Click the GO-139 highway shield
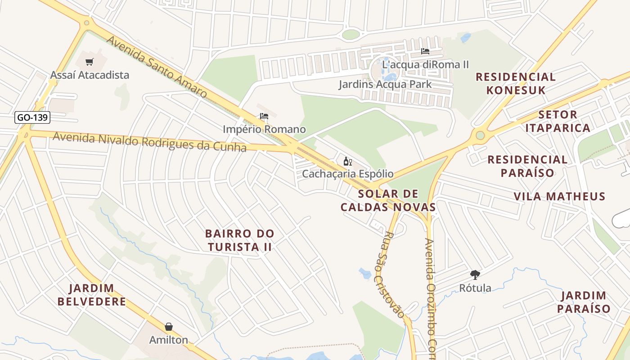pyautogui.click(x=32, y=118)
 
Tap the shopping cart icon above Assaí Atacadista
pyautogui.click(x=90, y=62)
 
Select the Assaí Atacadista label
pyautogui.click(x=90, y=75)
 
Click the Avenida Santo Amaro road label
pyautogui.click(x=157, y=67)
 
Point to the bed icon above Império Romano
pyautogui.click(x=264, y=117)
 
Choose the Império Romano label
pyautogui.click(x=264, y=130)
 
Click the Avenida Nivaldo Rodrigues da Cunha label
pyautogui.click(x=149, y=142)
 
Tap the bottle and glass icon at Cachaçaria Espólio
pyautogui.click(x=347, y=161)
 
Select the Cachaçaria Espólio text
pyautogui.click(x=347, y=174)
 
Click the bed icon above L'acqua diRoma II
pyautogui.click(x=425, y=51)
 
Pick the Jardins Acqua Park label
pyautogui.click(x=385, y=84)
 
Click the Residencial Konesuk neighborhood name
pyautogui.click(x=516, y=83)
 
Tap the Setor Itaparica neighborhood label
pyautogui.click(x=558, y=121)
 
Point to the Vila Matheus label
pyautogui.click(x=559, y=196)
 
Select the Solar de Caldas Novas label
pyautogui.click(x=388, y=200)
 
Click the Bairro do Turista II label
pyautogui.click(x=239, y=240)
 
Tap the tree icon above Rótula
pyautogui.click(x=475, y=274)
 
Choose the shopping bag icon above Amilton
pyautogui.click(x=169, y=327)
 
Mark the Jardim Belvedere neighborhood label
pyautogui.click(x=91, y=295)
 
